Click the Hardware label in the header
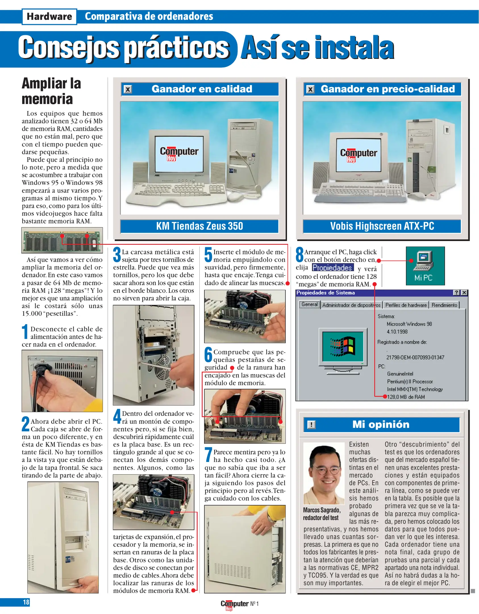(49, 16)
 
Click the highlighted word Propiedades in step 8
(332, 267)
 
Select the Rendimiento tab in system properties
(444, 305)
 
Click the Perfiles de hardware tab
(406, 305)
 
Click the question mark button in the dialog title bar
(456, 293)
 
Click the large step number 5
(208, 254)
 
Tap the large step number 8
(300, 254)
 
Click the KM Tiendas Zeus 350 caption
(199, 226)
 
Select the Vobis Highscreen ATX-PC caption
(382, 226)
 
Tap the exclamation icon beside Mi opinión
(311, 425)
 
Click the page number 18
(26, 602)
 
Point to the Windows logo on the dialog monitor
(343, 347)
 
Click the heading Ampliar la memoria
(51, 91)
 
